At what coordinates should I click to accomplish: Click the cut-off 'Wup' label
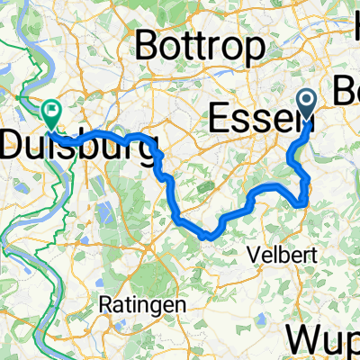tap(324, 340)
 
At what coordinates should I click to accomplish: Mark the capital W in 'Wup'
tap(303, 340)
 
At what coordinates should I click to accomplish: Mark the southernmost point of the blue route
tap(210, 235)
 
